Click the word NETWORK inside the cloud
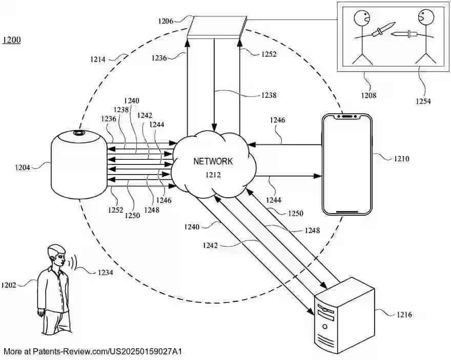(213, 161)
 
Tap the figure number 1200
(12, 40)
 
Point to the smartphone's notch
(346, 117)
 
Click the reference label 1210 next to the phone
(401, 159)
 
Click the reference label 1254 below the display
(423, 101)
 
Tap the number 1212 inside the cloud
(213, 176)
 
